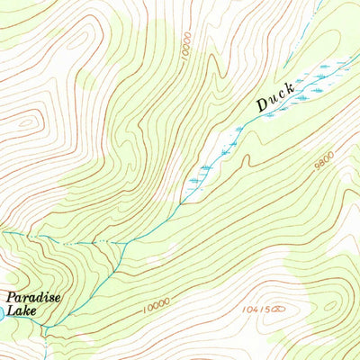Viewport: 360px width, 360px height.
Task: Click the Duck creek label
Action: tap(274, 99)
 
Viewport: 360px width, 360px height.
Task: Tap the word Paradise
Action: tap(27, 298)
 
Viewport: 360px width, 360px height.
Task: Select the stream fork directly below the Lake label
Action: tap(45, 327)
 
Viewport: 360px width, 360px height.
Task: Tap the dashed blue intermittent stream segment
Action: tap(85, 242)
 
